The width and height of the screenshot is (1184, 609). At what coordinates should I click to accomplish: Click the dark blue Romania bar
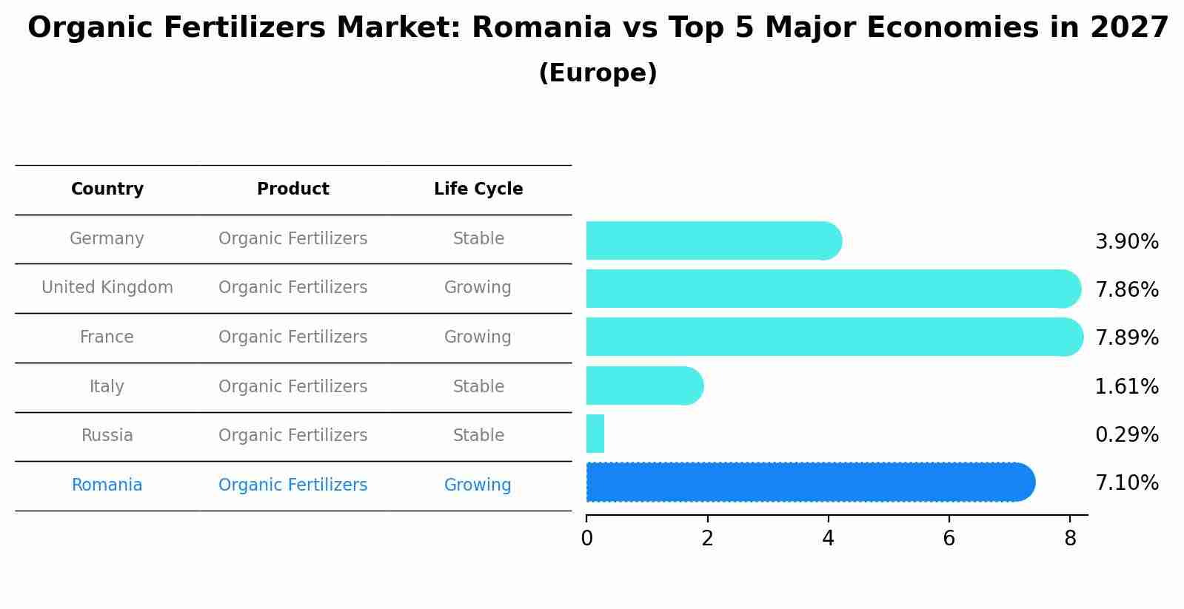point(810,482)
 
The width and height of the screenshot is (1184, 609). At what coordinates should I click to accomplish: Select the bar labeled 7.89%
point(834,337)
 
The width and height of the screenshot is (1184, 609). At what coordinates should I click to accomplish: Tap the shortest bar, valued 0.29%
point(595,434)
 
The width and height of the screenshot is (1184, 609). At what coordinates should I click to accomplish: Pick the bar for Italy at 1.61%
point(644,386)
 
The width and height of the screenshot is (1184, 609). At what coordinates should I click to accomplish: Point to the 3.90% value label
point(1126,242)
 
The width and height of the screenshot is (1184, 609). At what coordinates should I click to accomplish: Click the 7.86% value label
point(1126,290)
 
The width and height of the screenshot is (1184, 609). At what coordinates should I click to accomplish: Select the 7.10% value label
point(1126,483)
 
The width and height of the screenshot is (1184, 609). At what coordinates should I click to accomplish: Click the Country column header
point(107,189)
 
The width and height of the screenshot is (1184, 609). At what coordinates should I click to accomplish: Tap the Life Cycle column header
point(478,189)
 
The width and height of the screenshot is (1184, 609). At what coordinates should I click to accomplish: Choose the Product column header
point(293,189)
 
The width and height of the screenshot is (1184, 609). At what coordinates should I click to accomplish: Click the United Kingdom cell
point(107,288)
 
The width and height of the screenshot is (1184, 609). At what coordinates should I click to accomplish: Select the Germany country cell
point(107,239)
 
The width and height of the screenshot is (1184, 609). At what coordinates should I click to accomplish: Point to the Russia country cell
point(107,436)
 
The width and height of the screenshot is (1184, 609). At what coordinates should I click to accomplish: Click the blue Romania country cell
point(107,485)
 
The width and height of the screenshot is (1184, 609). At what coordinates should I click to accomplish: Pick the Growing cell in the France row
point(478,337)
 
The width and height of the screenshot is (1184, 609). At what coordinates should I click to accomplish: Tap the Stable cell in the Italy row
point(478,387)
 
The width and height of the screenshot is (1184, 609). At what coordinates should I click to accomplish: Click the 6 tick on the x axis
point(949,539)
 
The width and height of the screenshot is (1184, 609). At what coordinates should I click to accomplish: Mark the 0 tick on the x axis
point(586,539)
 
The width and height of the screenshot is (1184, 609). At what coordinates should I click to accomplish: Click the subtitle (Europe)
point(598,73)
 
